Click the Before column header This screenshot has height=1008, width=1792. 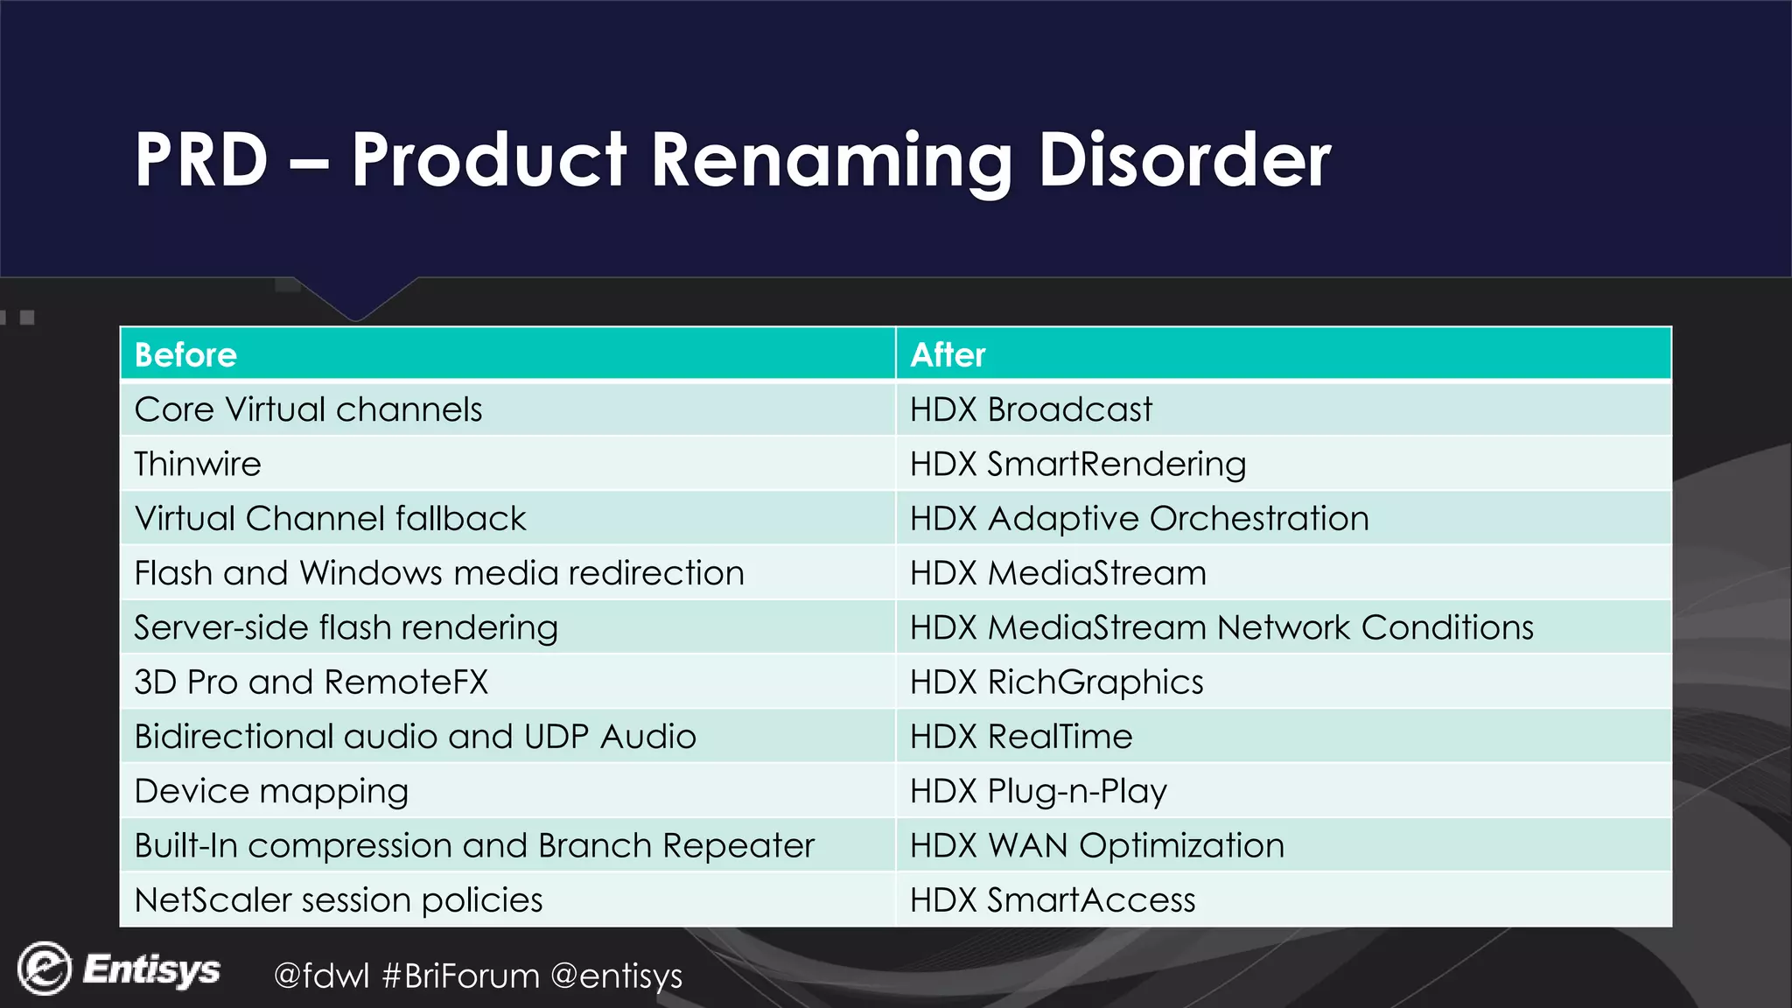point(185,355)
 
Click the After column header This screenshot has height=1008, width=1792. point(948,355)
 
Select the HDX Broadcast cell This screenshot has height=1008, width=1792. point(1031,409)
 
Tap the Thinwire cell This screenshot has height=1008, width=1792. point(198,464)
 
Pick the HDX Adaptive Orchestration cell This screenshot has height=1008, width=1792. point(1139,519)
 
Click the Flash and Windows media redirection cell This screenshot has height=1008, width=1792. point(439,573)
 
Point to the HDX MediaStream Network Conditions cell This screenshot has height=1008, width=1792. point(1221,628)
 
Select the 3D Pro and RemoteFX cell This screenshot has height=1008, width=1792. point(311,682)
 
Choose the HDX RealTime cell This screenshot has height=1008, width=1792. point(1021,737)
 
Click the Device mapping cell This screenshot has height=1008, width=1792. point(271,791)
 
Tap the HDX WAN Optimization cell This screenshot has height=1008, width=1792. point(1097,846)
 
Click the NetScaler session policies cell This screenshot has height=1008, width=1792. point(339,900)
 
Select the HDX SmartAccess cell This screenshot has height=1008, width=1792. point(1053,900)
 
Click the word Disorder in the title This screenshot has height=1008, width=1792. point(1184,160)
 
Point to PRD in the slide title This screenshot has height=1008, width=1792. point(201,160)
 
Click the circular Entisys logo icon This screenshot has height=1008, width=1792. point(44,969)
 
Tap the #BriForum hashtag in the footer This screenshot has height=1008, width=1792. point(461,976)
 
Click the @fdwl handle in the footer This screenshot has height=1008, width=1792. point(321,976)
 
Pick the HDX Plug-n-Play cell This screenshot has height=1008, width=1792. point(1039,791)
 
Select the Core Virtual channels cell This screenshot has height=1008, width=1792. point(308,409)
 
